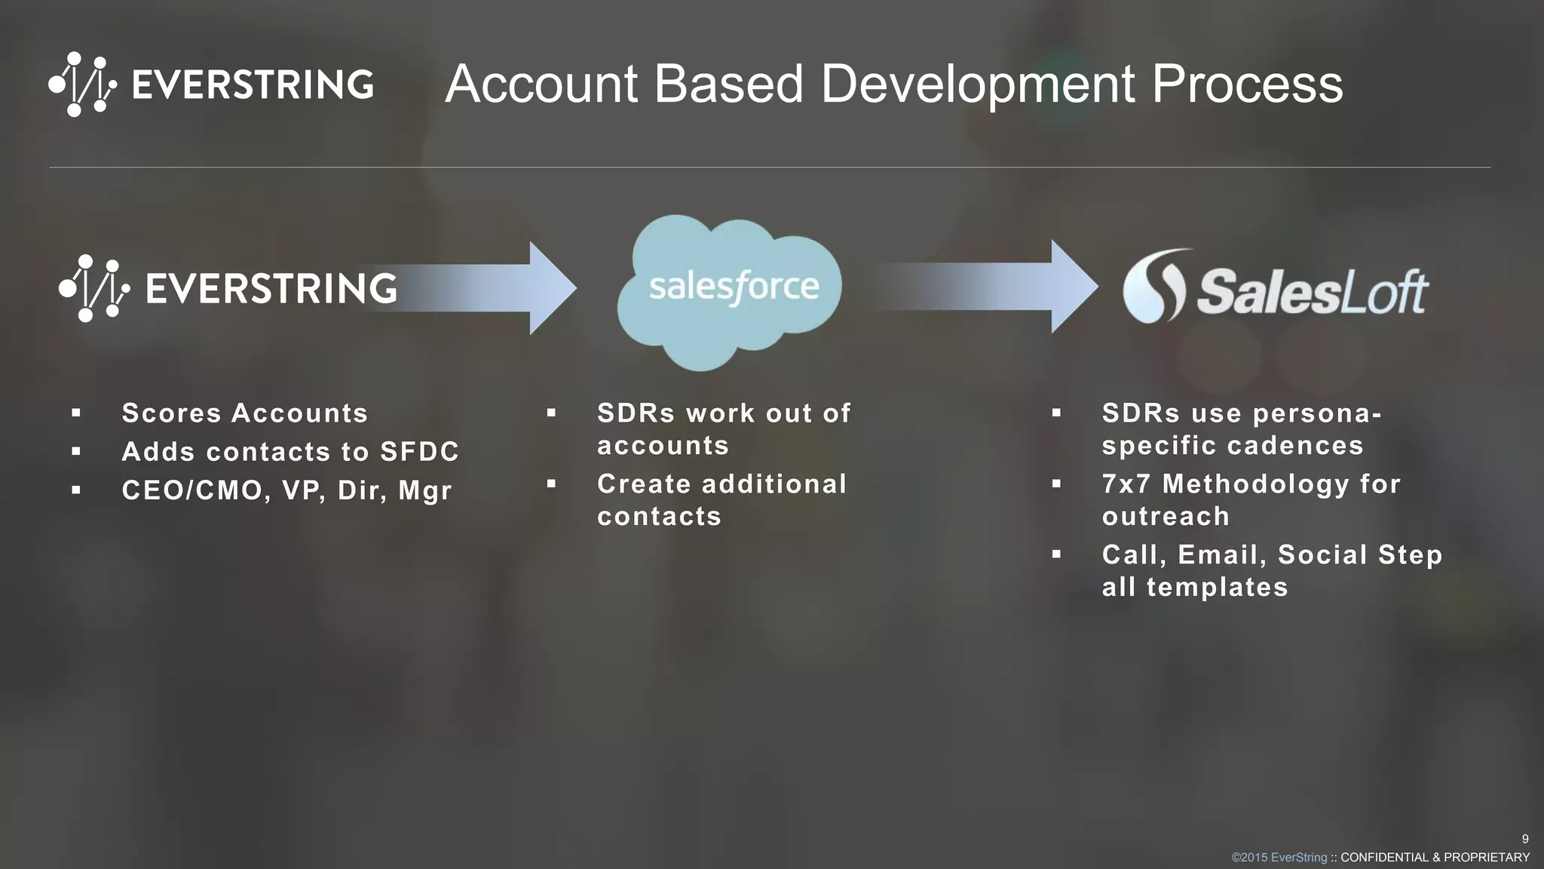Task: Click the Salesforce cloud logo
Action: (x=728, y=290)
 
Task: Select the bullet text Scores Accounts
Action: (x=245, y=413)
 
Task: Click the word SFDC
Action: (x=419, y=452)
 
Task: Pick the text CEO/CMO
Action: (x=192, y=491)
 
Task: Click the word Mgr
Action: (x=425, y=491)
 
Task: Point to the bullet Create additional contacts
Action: (x=721, y=500)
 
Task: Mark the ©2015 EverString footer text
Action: (x=1279, y=858)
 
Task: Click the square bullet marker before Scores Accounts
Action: (x=76, y=413)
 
